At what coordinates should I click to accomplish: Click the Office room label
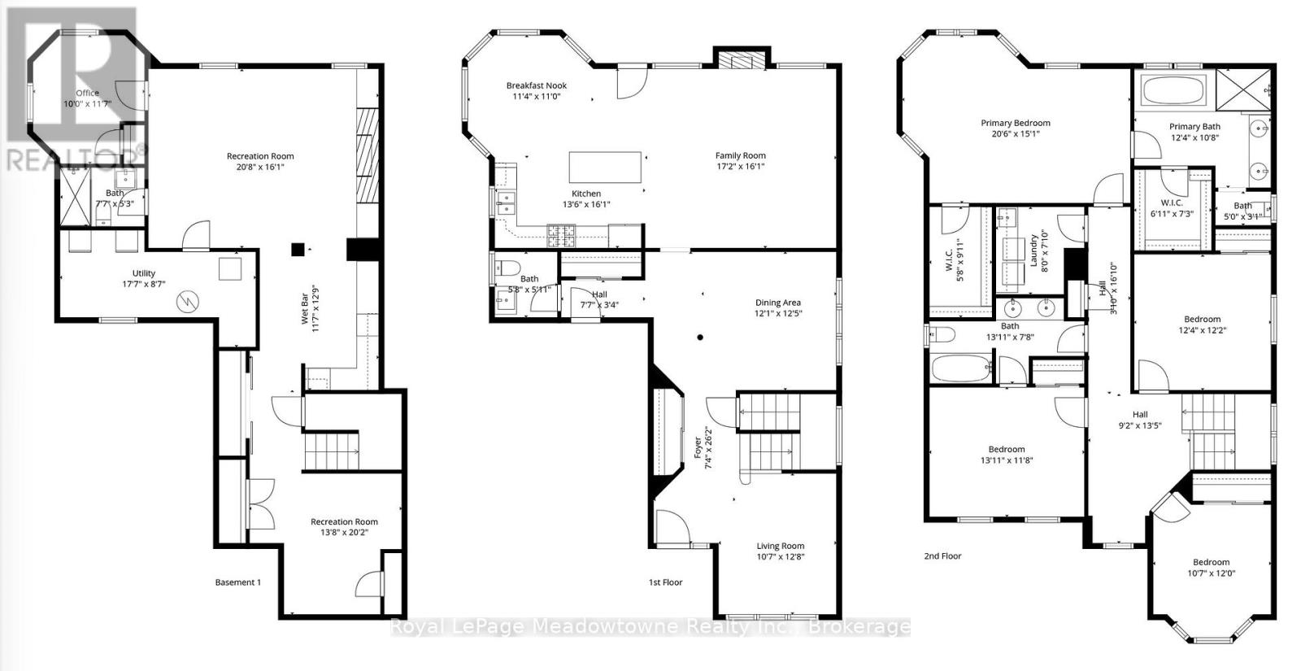pyautogui.click(x=87, y=94)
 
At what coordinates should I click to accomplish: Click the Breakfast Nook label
pyautogui.click(x=536, y=85)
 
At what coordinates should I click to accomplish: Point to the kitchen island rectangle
pyautogui.click(x=605, y=168)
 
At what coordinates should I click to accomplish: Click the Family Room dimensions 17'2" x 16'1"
pyautogui.click(x=740, y=167)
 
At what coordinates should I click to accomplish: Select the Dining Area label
pyautogui.click(x=778, y=303)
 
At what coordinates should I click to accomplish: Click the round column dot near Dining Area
pyautogui.click(x=699, y=337)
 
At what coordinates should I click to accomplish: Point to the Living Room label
pyautogui.click(x=780, y=547)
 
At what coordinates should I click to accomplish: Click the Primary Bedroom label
pyautogui.click(x=1015, y=124)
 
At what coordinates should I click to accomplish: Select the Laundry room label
pyautogui.click(x=1034, y=251)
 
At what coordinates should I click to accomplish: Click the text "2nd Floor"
pyautogui.click(x=942, y=556)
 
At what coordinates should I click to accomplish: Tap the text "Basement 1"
pyautogui.click(x=237, y=582)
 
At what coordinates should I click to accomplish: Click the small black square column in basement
pyautogui.click(x=298, y=250)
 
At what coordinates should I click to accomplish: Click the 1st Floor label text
pyautogui.click(x=665, y=582)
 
